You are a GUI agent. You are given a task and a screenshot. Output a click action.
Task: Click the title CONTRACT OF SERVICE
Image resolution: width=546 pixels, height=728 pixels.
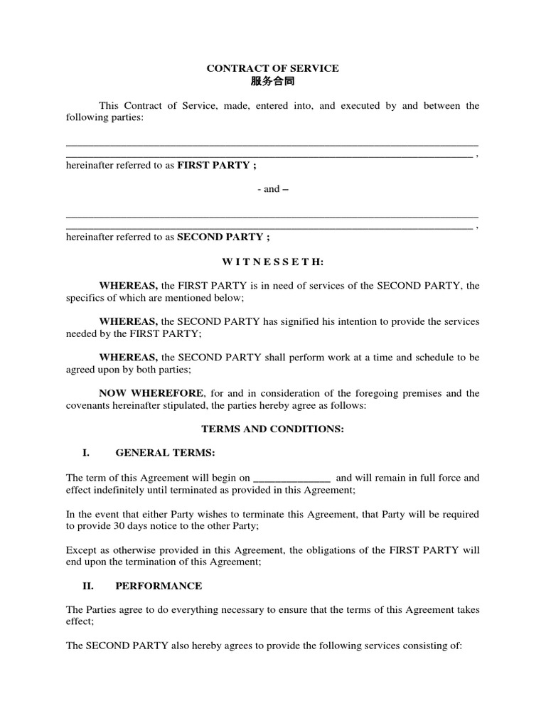pos(272,68)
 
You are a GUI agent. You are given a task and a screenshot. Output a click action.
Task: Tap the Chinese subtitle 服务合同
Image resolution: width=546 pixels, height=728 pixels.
pos(272,82)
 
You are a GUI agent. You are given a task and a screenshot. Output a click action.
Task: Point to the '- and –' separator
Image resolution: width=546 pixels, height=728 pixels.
pos(273,189)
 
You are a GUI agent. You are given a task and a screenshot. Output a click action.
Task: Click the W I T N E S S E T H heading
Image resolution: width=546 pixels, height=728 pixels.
pos(272,262)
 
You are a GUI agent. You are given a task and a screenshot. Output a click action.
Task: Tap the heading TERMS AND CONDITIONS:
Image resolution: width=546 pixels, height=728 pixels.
pos(272,429)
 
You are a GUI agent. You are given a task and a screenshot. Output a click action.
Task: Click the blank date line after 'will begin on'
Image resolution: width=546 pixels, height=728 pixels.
pos(291,478)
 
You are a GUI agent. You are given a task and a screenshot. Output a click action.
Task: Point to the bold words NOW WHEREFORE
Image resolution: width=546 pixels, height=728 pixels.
pos(151,393)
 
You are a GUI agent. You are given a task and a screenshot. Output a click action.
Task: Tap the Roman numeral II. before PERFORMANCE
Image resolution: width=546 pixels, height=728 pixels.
pos(89,586)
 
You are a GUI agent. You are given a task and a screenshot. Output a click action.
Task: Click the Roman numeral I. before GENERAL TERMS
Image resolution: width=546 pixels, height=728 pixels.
pos(87,453)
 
